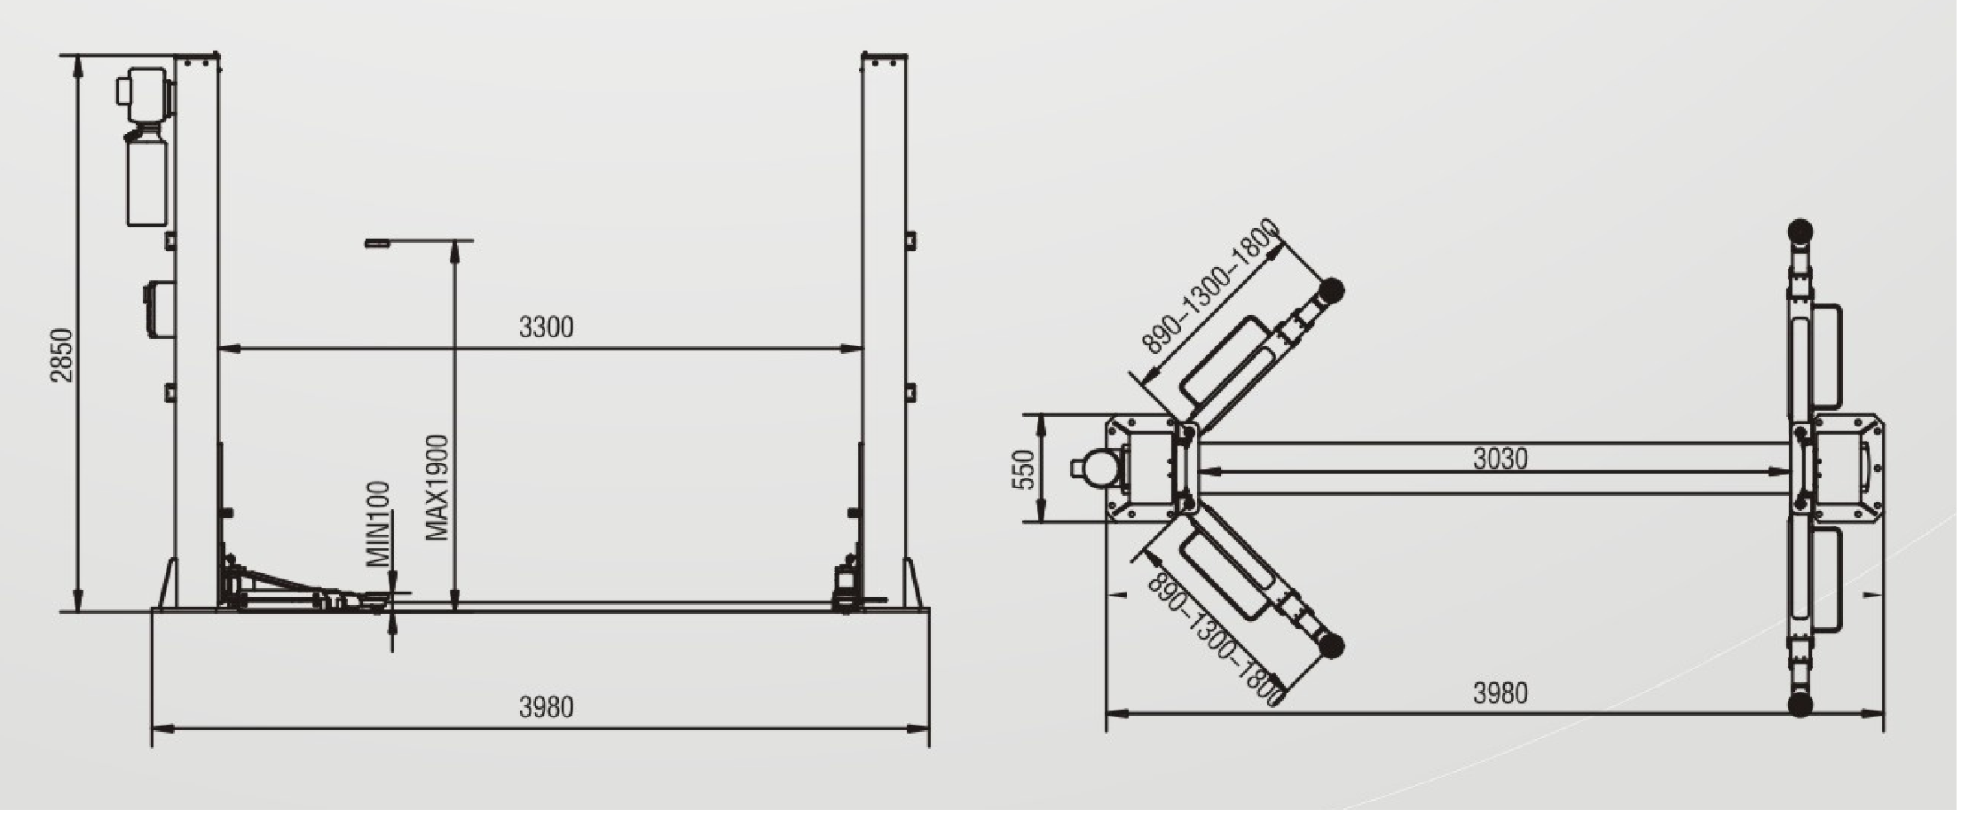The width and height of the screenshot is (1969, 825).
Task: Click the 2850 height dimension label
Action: (61, 356)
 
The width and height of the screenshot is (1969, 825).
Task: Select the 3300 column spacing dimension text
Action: (546, 327)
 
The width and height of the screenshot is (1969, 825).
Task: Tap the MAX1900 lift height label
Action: (437, 487)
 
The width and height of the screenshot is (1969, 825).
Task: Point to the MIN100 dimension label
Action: (379, 524)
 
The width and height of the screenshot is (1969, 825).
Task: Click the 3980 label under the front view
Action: (546, 707)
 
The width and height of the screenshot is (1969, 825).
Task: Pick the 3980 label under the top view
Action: (1500, 693)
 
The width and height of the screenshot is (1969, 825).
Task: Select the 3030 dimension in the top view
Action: (1500, 459)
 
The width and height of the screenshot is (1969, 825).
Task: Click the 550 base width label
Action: (1024, 469)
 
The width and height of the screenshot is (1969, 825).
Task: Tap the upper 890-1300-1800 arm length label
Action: (1210, 287)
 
